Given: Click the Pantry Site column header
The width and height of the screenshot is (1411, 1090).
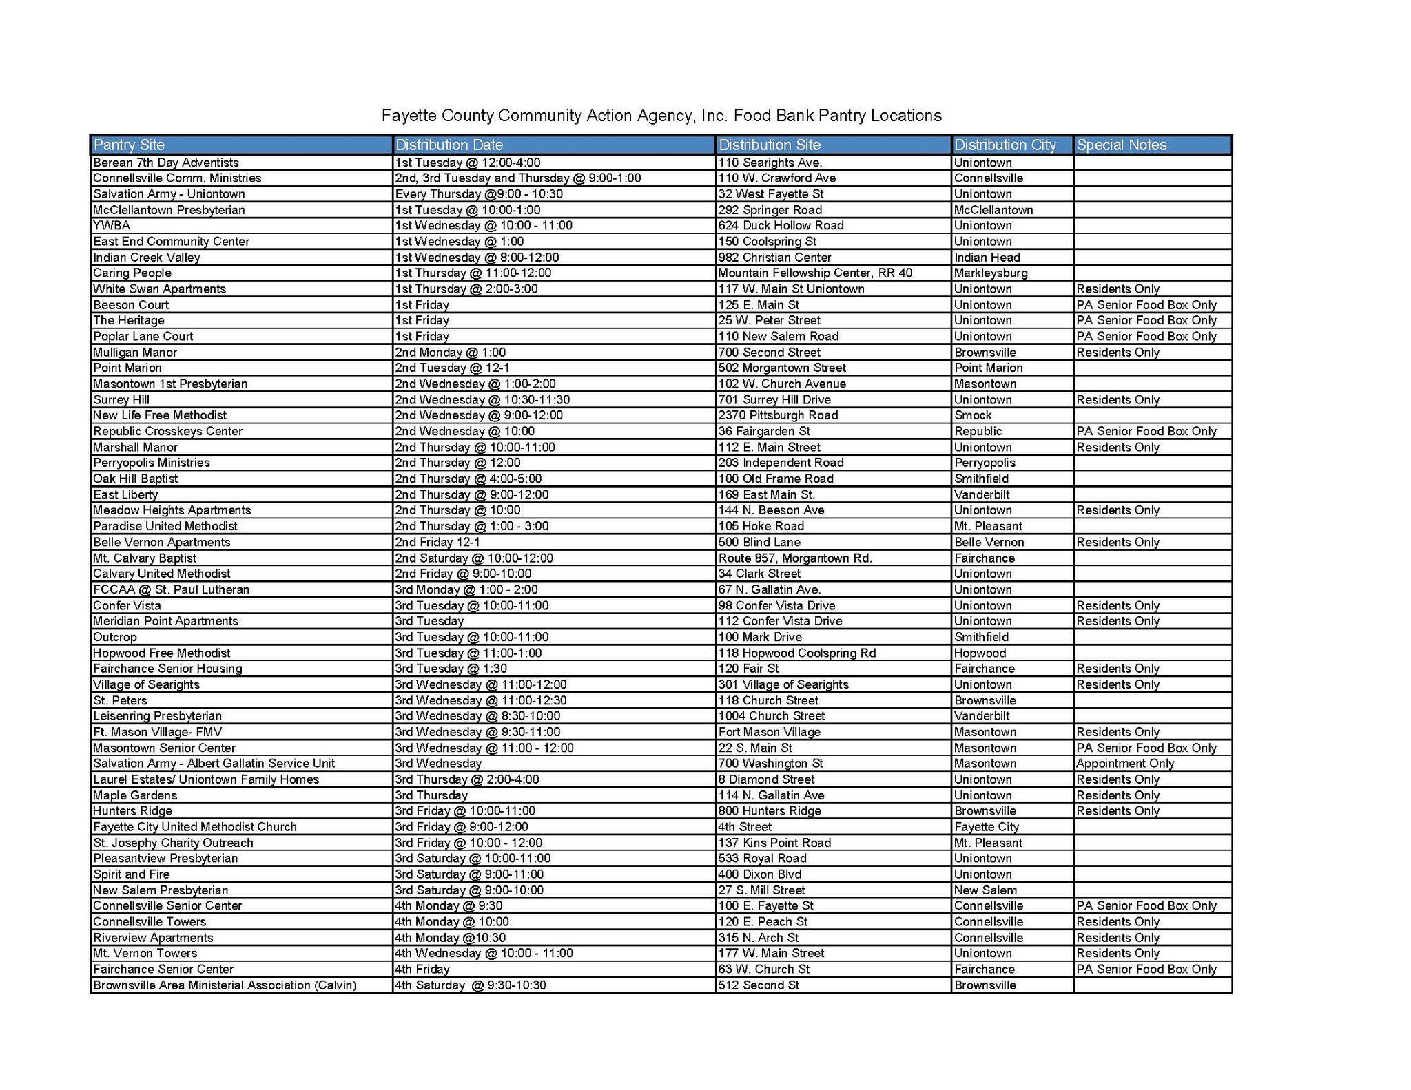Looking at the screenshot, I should click(x=129, y=145).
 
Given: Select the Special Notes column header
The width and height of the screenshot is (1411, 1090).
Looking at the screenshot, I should click(x=1121, y=145).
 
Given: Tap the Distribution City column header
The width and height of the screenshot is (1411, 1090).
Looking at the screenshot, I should click(x=1005, y=145).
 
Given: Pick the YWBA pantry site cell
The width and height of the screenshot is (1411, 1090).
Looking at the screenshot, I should click(x=112, y=226).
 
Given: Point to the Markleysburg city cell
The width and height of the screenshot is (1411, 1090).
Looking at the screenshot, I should click(x=991, y=273).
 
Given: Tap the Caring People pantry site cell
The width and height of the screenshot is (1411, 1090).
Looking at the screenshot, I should click(x=132, y=273).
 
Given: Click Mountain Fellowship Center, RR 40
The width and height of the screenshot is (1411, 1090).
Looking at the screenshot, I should click(x=815, y=273).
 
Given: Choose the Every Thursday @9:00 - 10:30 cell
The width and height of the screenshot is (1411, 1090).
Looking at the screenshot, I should click(x=479, y=194).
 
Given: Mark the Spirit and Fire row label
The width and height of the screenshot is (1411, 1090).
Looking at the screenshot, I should click(x=131, y=874).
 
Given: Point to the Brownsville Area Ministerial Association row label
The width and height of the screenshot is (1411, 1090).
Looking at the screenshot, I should click(x=225, y=985).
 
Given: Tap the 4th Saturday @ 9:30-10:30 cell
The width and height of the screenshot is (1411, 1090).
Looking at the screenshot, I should click(x=471, y=985).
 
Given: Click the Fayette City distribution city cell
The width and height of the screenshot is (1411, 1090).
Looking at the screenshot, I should click(x=987, y=827).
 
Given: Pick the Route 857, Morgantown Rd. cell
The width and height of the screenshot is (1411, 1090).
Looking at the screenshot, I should click(x=795, y=558).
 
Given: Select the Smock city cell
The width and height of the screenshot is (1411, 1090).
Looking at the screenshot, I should click(x=973, y=415).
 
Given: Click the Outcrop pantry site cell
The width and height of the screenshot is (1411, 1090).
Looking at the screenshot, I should click(x=115, y=637).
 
